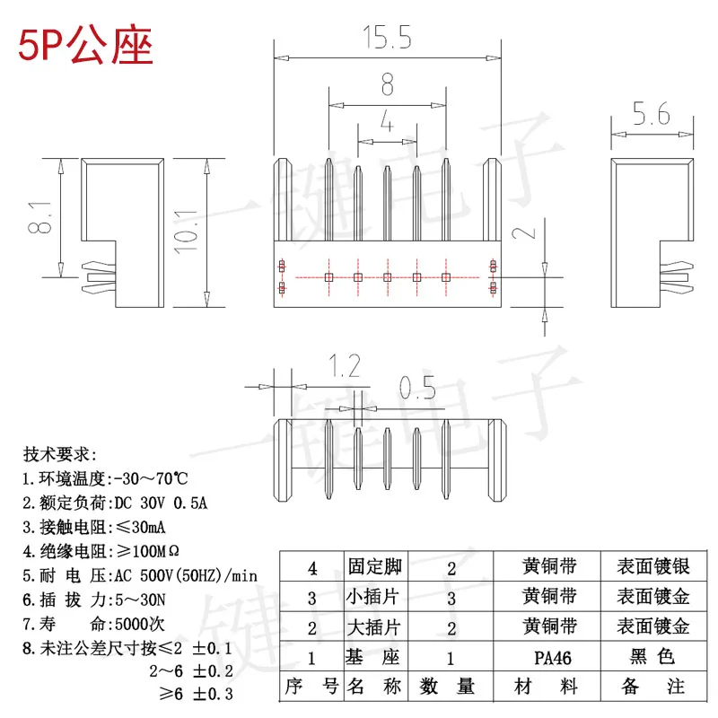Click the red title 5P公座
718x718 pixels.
click(x=85, y=46)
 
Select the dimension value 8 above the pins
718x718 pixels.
click(x=387, y=85)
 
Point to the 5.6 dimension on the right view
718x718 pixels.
click(x=651, y=114)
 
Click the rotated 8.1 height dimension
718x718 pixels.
click(x=39, y=218)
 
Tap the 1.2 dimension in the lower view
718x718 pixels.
click(x=344, y=365)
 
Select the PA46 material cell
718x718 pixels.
click(x=552, y=658)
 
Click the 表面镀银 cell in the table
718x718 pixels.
click(x=652, y=567)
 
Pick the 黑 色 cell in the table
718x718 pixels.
click(x=652, y=658)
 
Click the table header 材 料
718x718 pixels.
click(x=550, y=687)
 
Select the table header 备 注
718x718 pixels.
click(x=652, y=687)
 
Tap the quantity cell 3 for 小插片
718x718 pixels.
click(x=451, y=597)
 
